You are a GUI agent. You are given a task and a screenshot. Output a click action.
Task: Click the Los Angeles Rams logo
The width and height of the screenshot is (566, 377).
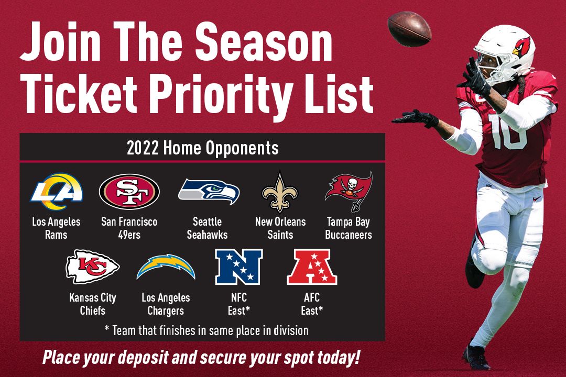57,190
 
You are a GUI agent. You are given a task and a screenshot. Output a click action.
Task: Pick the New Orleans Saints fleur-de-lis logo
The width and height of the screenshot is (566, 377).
280,192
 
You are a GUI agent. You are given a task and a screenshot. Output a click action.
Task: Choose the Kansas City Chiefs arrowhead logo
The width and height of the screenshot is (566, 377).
92,267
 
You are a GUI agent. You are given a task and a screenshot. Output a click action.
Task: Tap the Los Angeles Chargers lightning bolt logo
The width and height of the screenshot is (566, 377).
166,267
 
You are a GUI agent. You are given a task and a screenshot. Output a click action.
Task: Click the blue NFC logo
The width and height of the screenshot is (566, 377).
238,267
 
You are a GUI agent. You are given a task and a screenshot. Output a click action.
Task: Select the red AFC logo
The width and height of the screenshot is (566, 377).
312,267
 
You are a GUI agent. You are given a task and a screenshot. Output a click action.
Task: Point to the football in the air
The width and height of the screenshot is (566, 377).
409,29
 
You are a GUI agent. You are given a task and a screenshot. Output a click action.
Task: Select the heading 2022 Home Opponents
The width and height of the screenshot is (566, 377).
202,148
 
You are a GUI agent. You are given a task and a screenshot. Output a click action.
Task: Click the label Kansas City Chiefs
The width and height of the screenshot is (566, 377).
93,304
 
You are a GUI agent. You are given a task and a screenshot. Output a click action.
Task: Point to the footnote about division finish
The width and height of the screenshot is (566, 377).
206,330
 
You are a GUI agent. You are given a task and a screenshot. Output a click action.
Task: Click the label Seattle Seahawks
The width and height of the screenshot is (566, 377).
208,228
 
